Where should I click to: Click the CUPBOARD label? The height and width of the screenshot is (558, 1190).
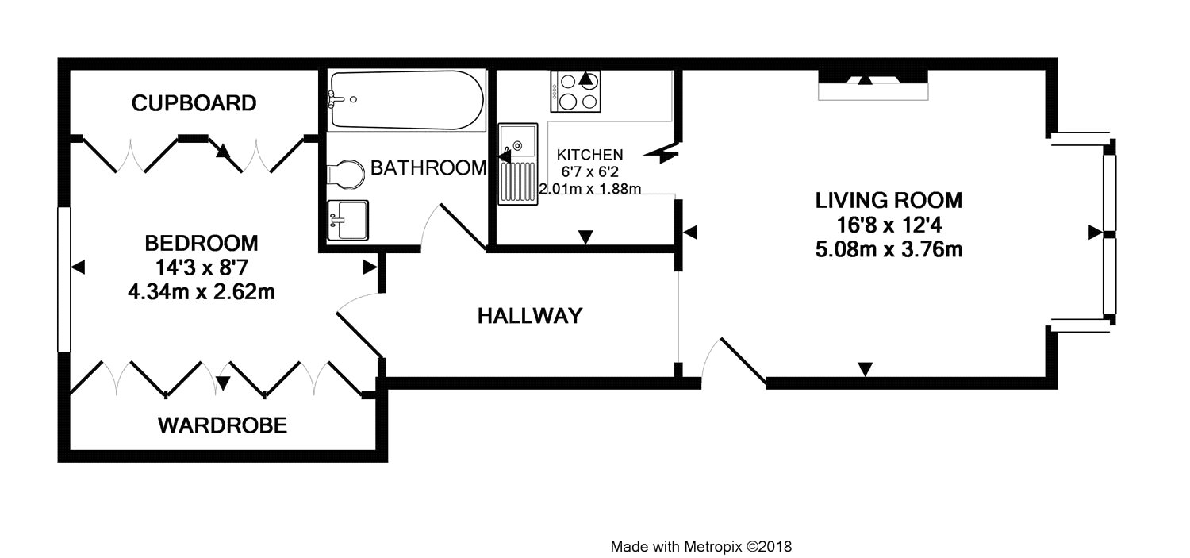(194, 103)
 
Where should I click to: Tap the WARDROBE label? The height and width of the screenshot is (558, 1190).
(223, 425)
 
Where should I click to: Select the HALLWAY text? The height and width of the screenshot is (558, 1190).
(530, 316)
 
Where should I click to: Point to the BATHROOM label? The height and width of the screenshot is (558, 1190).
(428, 167)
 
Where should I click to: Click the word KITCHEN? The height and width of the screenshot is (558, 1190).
(589, 155)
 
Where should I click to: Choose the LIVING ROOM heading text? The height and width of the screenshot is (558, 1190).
(889, 200)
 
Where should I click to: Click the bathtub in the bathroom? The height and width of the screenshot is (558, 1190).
(406, 100)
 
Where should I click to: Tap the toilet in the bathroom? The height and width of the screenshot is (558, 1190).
(346, 174)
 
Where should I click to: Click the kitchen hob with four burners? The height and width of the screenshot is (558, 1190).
(576, 91)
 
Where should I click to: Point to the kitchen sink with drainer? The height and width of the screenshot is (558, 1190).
(517, 164)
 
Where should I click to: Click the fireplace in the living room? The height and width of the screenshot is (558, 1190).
(873, 85)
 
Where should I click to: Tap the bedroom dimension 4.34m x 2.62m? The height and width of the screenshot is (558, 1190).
(202, 292)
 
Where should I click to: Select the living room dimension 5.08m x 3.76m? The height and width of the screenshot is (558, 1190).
(889, 249)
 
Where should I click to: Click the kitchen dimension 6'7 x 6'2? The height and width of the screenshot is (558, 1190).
(589, 171)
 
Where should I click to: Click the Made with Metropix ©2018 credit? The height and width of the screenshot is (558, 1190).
(701, 546)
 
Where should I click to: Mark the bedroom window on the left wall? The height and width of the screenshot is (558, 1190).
(64, 279)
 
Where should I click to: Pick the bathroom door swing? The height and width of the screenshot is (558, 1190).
(454, 227)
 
